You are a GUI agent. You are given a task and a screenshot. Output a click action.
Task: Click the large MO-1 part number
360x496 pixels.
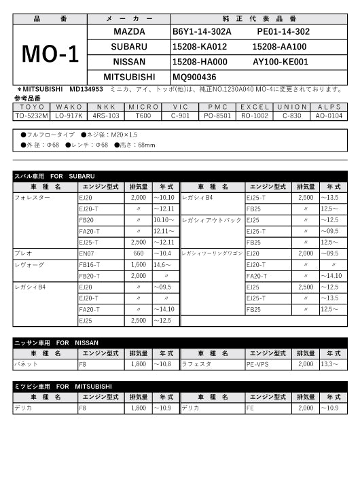(51, 54)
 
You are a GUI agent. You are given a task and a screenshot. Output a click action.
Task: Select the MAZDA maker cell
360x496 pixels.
(129, 32)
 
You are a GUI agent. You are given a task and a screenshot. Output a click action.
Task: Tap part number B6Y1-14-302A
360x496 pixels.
(202, 32)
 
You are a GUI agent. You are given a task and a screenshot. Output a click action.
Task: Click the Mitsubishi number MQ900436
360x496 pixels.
(194, 77)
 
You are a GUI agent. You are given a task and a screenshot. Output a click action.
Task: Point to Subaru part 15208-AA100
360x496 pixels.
(279, 47)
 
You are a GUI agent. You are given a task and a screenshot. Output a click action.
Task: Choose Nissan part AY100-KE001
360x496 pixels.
(280, 62)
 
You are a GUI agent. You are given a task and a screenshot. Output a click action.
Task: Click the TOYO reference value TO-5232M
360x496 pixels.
(32, 116)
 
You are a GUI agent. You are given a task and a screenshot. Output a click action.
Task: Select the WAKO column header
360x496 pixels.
(69, 107)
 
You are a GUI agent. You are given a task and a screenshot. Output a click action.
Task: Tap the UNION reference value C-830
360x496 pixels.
(292, 116)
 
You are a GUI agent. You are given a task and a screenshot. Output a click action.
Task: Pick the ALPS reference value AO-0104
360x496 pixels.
(329, 116)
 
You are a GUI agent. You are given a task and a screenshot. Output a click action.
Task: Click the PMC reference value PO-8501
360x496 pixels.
(218, 116)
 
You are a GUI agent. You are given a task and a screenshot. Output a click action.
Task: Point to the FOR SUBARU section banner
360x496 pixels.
(54, 176)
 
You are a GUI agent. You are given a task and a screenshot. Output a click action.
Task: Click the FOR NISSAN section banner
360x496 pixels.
(56, 342)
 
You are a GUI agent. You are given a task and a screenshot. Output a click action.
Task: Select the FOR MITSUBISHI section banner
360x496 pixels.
(60, 386)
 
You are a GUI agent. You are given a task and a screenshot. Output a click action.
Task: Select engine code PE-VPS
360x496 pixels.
(257, 364)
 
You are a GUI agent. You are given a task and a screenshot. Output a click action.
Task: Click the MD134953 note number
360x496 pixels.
(86, 89)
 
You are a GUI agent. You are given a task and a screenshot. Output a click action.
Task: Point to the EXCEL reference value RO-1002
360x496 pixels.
(255, 116)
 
